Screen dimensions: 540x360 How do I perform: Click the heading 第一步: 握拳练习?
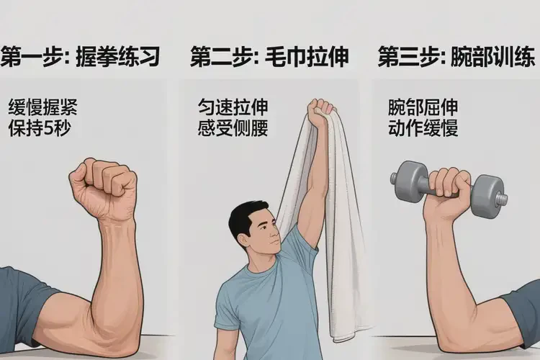coord(80,56)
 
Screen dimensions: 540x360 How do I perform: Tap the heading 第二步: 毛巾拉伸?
coord(270,56)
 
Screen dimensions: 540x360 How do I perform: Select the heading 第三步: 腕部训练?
coord(456,56)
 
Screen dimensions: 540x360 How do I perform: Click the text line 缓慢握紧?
coord(43,107)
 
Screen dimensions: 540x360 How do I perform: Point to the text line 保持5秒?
coord(40,128)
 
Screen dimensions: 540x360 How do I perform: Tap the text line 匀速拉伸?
coord(233,107)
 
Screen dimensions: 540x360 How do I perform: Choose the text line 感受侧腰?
coord(233,128)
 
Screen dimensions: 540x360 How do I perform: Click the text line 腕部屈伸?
coord(423,107)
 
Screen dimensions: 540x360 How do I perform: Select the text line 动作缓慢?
coord(423,128)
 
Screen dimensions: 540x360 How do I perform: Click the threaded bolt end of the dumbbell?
coord(501,199)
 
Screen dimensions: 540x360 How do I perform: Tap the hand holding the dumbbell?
coord(448,193)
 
